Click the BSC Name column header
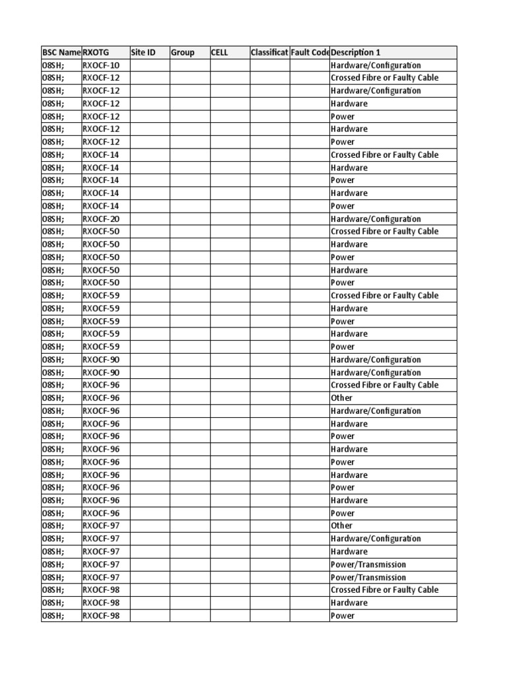coord(61,52)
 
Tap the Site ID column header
coord(143,52)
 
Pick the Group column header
coord(183,52)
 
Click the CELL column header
coord(220,52)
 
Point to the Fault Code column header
coord(310,52)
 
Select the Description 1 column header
coord(356,52)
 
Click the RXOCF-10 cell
coord(101,65)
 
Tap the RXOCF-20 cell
coord(101,219)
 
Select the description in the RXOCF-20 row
coord(376,219)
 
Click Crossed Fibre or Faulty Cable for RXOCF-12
coord(384,78)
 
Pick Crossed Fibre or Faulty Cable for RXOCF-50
coord(384,232)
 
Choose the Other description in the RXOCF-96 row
coord(342,398)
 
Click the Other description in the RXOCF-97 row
coord(342,526)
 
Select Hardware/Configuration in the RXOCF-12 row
coord(376,90)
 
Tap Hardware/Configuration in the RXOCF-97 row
coord(376,539)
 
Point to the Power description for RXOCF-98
coord(343,616)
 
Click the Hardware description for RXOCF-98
coord(349,603)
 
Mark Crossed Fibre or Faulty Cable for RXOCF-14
coord(384,154)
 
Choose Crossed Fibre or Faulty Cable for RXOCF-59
coord(384,296)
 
